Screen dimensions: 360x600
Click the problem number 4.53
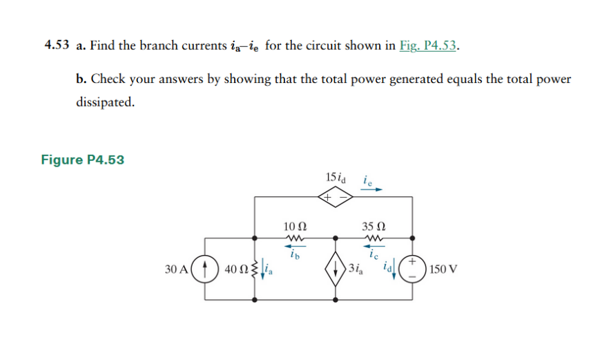57,46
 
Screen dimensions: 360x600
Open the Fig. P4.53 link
428,46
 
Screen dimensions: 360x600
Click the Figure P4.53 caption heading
83,160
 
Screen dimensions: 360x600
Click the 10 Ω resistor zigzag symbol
295,238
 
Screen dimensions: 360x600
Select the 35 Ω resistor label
374,225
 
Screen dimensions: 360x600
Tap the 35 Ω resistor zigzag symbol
374,238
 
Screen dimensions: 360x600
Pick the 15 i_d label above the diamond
336,176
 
